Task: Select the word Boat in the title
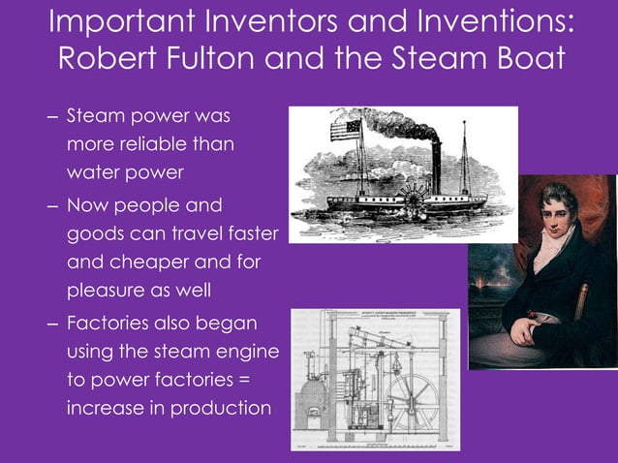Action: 522,59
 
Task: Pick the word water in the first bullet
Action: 95,173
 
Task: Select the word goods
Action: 95,234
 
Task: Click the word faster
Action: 246,234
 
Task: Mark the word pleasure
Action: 108,291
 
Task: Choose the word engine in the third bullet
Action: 247,351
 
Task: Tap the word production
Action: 221,407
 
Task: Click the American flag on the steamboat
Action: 345,130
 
